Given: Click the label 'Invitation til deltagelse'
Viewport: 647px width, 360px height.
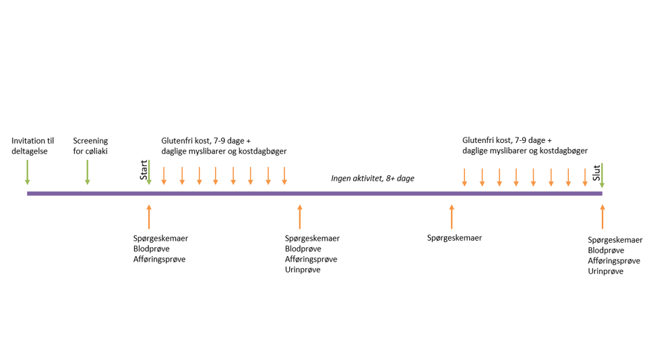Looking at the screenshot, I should (32, 146).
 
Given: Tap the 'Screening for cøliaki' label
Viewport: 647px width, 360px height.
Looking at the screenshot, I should (90, 146).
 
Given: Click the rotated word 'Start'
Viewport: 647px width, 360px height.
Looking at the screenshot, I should (144, 170).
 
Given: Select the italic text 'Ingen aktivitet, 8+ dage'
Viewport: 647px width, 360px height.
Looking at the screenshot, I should (373, 179).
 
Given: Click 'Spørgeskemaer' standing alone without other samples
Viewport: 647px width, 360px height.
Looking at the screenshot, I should (454, 238).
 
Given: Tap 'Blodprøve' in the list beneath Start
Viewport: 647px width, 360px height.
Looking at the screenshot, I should (151, 249).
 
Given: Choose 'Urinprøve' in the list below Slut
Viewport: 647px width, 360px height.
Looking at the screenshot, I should (605, 271).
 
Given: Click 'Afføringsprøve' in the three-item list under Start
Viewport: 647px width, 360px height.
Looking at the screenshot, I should (159, 259).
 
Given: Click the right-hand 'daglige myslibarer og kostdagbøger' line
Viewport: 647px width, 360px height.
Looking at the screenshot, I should (524, 151).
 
